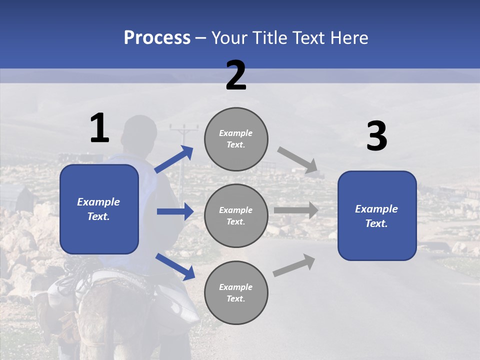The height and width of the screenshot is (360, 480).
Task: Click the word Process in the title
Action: point(157,38)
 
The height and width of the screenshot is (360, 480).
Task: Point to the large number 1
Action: point(99,128)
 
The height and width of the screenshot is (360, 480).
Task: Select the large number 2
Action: point(236,75)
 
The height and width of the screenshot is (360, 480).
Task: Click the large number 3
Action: point(376,136)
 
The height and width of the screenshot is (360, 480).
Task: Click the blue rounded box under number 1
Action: point(99,209)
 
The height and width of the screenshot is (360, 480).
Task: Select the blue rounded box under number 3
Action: point(377,215)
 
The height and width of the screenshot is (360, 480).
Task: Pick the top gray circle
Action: point(236,139)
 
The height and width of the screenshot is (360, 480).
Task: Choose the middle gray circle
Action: point(236,215)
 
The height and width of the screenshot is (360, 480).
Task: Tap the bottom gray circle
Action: point(236,292)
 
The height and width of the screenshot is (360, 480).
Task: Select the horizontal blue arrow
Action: point(175,211)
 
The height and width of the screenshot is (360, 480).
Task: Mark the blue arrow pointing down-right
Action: point(175,266)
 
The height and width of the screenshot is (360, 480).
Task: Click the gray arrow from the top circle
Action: point(297,160)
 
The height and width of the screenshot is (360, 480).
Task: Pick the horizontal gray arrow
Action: point(296,210)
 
